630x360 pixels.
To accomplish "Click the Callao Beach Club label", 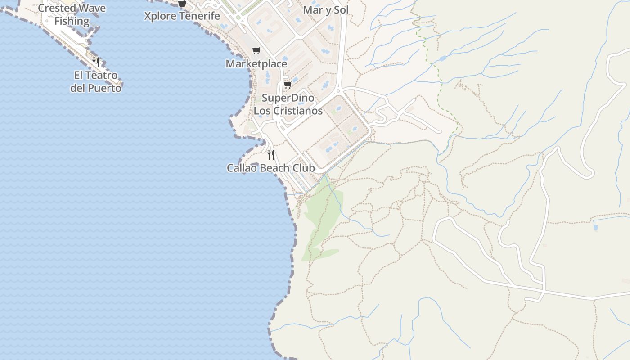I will click(x=270, y=168).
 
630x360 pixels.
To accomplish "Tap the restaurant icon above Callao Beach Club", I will click(x=271, y=155).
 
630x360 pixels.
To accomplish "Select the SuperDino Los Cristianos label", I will click(x=288, y=104).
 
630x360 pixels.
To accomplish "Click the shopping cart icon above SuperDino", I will click(x=288, y=85).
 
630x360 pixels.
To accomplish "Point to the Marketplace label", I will click(x=256, y=64).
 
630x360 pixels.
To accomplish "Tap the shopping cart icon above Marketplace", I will click(x=256, y=50).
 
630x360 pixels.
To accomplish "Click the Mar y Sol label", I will click(x=326, y=10).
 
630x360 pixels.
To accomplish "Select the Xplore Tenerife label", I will click(x=182, y=16).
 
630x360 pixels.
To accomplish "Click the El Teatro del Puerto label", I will click(x=96, y=81).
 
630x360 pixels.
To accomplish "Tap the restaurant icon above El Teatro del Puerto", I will click(x=96, y=62).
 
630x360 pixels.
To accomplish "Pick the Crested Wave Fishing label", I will click(x=72, y=14).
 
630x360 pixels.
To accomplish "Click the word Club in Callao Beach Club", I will click(x=304, y=168).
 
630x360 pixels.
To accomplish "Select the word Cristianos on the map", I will click(x=299, y=111).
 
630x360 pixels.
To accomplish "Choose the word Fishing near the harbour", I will click(x=72, y=21).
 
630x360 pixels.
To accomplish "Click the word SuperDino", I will click(x=288, y=98).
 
